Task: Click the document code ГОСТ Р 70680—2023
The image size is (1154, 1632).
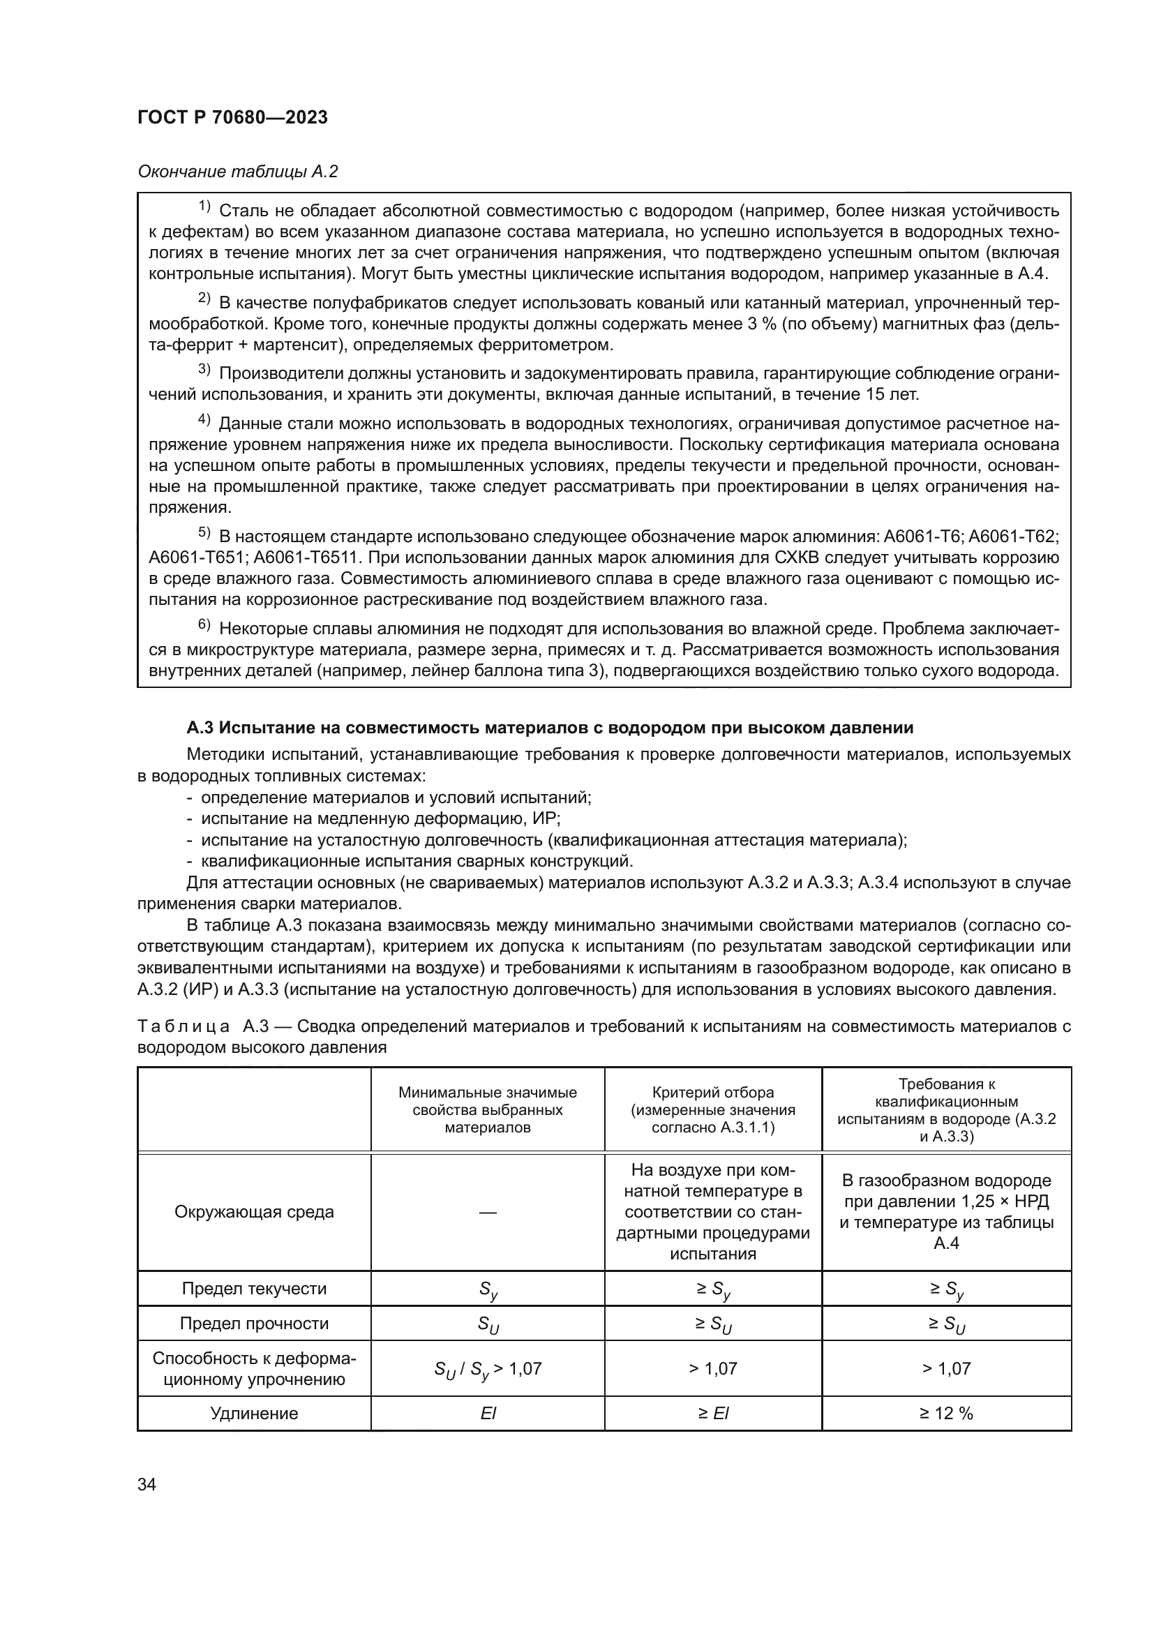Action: (x=232, y=117)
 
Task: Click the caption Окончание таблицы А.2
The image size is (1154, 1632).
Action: (x=237, y=172)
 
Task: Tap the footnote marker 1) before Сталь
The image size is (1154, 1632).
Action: (x=204, y=207)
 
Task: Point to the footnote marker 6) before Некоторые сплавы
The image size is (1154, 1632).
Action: (x=204, y=624)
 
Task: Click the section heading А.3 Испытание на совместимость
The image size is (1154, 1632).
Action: (x=549, y=728)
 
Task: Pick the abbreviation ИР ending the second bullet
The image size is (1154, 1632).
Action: (x=545, y=818)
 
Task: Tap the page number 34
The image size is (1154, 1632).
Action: (x=147, y=1484)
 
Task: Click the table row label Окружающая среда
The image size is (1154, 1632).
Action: (x=254, y=1212)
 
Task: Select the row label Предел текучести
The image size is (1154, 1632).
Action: (x=254, y=1288)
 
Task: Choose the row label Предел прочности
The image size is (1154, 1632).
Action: (x=254, y=1323)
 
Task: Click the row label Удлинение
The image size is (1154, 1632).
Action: (x=254, y=1413)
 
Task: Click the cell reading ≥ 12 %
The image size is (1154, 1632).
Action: (x=946, y=1413)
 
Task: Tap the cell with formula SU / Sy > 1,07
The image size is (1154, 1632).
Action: (x=488, y=1369)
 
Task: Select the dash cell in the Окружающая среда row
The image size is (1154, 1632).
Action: (x=488, y=1212)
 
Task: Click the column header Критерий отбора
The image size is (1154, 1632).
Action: (x=713, y=1093)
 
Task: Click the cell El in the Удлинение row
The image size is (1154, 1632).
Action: (x=488, y=1413)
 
